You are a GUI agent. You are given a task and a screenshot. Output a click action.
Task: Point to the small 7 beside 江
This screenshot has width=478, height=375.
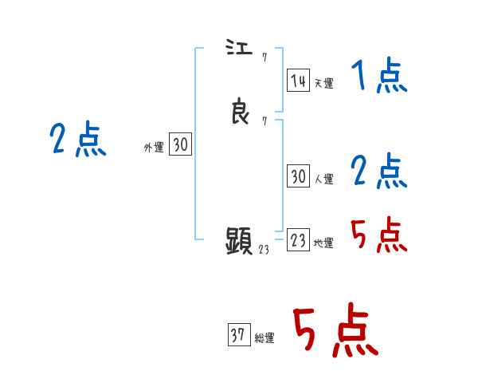coord(263,57)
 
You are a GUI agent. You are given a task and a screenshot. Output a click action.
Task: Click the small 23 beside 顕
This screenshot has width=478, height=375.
coord(264,249)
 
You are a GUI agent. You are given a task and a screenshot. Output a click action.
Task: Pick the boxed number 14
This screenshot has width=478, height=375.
coord(298,81)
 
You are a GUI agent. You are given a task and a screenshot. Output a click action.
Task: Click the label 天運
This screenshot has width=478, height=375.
coord(323,83)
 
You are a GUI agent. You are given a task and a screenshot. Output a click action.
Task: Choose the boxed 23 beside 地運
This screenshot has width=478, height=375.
coord(298,241)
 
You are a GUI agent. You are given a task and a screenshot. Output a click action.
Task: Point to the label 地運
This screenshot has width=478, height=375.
coord(323,243)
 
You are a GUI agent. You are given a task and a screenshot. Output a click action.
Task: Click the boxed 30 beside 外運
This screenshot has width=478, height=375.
coord(181,144)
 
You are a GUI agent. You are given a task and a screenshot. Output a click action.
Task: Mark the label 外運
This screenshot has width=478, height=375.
coord(154,147)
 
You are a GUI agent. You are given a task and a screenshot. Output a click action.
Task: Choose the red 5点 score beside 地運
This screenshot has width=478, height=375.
coord(378,234)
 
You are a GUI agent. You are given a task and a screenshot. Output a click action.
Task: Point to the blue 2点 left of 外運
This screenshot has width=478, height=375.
coord(77,139)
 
